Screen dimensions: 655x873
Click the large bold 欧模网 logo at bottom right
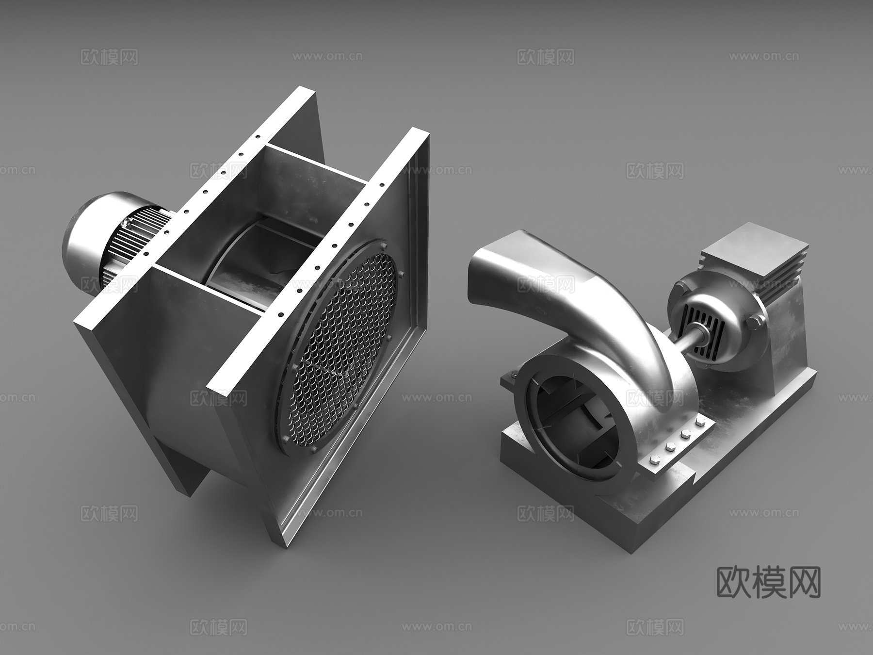[769, 582]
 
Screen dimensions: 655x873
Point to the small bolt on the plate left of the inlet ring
[513, 374]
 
